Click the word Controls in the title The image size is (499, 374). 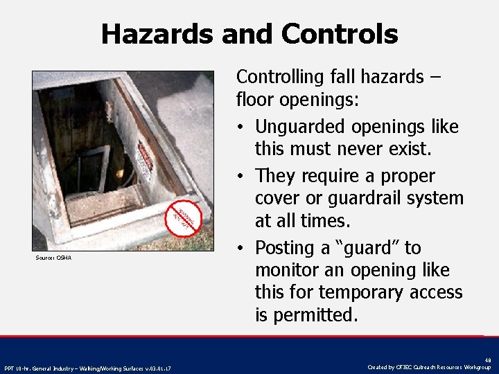(x=339, y=33)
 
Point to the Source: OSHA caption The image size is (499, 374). (x=53, y=258)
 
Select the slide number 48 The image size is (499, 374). (x=487, y=360)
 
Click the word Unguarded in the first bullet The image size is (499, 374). (x=310, y=127)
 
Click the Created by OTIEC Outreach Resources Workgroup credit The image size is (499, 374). (x=430, y=366)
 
